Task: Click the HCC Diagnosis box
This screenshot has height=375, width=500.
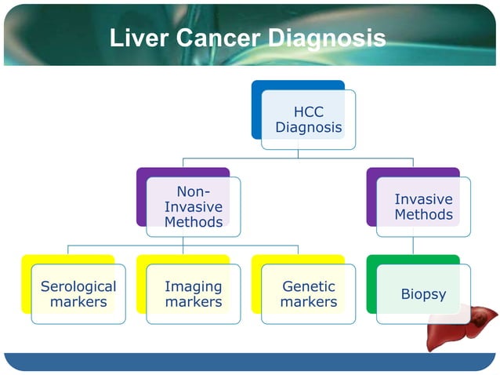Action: (308, 119)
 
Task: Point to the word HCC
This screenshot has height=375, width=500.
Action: (308, 112)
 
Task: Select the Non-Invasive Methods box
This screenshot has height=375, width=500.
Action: (193, 207)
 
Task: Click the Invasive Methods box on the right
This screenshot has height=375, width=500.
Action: (423, 207)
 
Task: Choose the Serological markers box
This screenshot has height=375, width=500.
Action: (78, 294)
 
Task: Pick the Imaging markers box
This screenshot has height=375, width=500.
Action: (193, 294)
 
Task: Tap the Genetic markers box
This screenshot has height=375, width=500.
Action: (308, 294)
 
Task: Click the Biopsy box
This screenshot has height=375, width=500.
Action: (423, 294)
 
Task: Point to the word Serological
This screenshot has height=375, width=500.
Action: (78, 287)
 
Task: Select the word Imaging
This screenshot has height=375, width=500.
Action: (193, 287)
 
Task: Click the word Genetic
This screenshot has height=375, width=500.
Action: (308, 287)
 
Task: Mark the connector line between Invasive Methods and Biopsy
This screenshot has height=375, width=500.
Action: (413, 246)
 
